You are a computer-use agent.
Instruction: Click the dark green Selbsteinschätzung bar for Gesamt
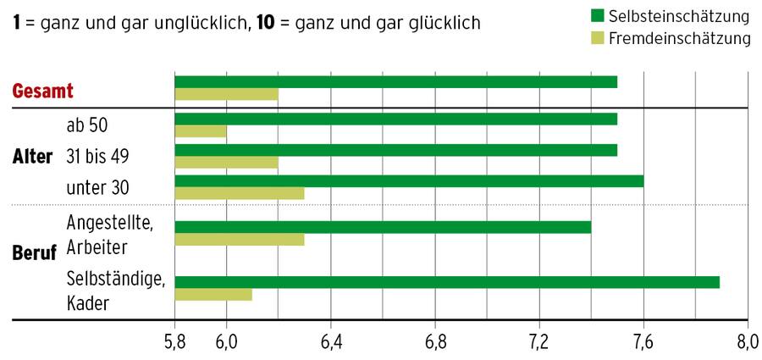(395, 81)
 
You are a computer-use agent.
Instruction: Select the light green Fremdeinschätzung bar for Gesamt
(226, 94)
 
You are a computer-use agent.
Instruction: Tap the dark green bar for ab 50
(395, 119)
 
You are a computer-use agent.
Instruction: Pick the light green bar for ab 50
(201, 131)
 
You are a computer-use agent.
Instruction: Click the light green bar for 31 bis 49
(226, 162)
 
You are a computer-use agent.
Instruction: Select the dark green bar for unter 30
(409, 180)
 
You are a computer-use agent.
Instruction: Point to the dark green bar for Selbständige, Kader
(447, 281)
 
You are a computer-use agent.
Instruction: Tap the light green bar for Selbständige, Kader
(213, 294)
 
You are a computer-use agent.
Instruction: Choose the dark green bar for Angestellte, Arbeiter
(383, 227)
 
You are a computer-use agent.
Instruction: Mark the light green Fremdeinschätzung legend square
(596, 37)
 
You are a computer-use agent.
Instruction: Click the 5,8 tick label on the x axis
(174, 343)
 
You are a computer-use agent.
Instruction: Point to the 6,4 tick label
(330, 343)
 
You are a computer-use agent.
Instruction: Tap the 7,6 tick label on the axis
(643, 343)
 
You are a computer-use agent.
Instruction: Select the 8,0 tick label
(747, 343)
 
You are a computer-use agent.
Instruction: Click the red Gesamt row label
(43, 91)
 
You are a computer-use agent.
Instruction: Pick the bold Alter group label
(33, 157)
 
